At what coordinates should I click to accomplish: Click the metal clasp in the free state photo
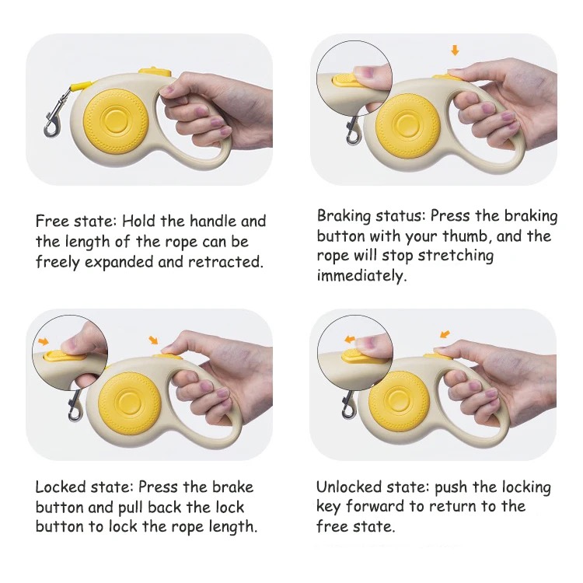click(54, 113)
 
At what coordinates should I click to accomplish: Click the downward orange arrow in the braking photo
click(455, 51)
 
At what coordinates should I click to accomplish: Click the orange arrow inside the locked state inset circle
click(44, 341)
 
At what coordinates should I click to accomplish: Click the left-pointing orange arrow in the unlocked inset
click(350, 339)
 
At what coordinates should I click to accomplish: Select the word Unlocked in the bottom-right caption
click(349, 487)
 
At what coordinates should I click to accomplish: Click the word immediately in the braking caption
click(360, 275)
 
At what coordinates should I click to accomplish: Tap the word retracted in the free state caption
click(225, 262)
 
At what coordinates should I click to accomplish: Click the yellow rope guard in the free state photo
click(80, 86)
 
